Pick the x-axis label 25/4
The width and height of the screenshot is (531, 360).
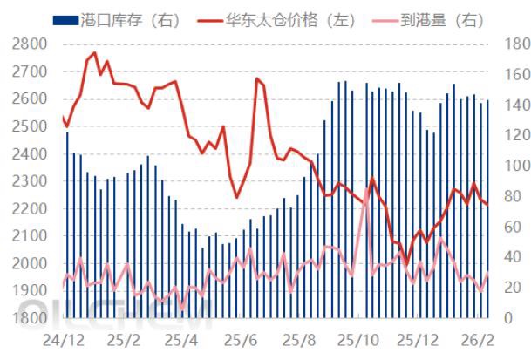coord(180,338)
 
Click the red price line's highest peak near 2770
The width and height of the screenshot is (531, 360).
coord(94,52)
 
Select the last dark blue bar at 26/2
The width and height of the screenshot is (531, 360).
coord(487,209)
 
